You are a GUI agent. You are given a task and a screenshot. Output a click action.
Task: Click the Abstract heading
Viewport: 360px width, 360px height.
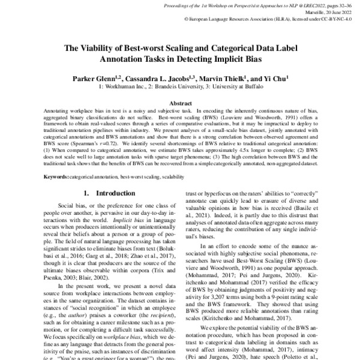coord(179,103)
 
